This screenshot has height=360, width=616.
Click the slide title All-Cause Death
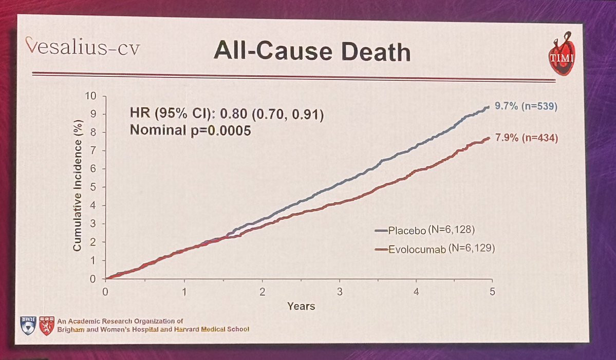[312, 52]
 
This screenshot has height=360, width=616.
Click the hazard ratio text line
[227, 113]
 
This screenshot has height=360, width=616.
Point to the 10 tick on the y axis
[91, 96]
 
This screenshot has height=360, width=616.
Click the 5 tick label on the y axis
[93, 187]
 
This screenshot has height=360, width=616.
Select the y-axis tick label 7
[93, 151]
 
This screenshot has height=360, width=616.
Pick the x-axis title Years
[301, 307]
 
